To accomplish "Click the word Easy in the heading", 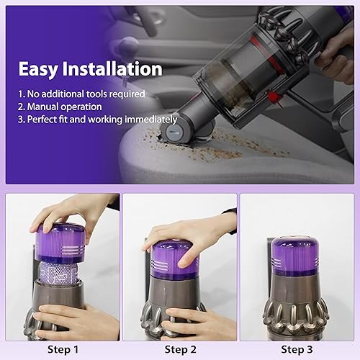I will pos(38,69).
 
